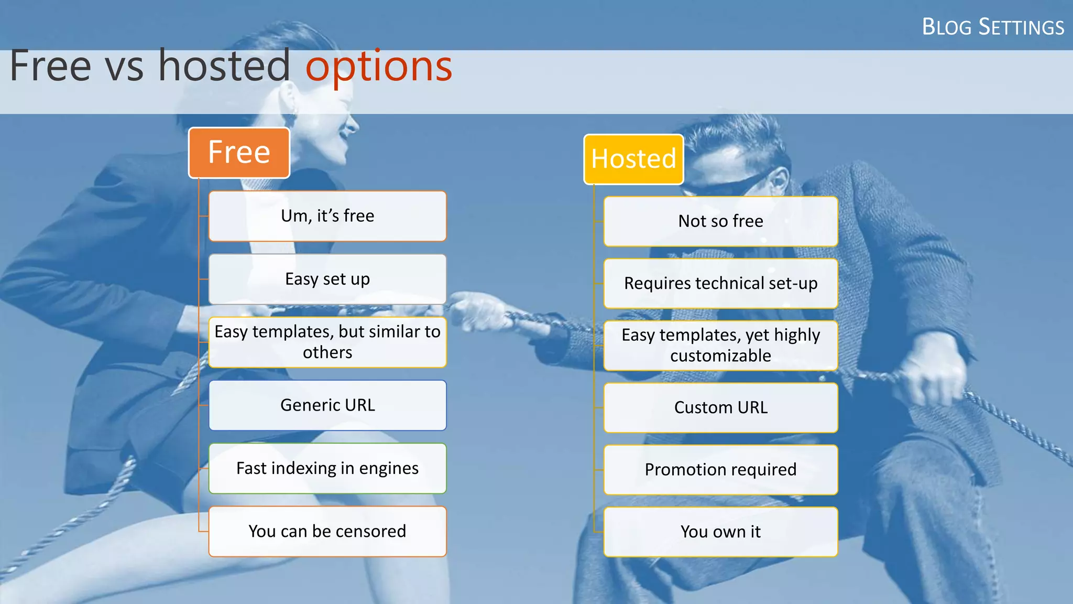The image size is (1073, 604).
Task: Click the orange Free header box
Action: pos(239,153)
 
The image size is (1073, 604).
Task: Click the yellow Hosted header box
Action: pos(633,159)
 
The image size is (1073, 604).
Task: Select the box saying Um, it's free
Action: pos(327,216)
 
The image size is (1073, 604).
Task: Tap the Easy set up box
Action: pos(327,279)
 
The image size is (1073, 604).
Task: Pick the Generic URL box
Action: pos(327,405)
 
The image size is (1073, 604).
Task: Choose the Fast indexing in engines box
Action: pos(327,468)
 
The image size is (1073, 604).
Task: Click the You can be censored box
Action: pos(327,531)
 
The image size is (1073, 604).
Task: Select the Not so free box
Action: pos(720,221)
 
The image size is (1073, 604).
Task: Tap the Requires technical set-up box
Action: pos(720,283)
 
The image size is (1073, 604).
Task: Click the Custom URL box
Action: pos(720,407)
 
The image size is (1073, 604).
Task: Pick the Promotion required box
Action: pos(720,469)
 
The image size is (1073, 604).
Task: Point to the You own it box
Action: pos(720,532)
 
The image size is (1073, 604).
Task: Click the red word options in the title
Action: pos(378,67)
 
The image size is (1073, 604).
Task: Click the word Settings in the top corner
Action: pos(1021,27)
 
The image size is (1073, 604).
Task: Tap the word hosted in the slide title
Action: pos(224,66)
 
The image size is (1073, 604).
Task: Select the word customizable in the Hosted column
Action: pos(720,356)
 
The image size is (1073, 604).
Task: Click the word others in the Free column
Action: pos(327,352)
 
